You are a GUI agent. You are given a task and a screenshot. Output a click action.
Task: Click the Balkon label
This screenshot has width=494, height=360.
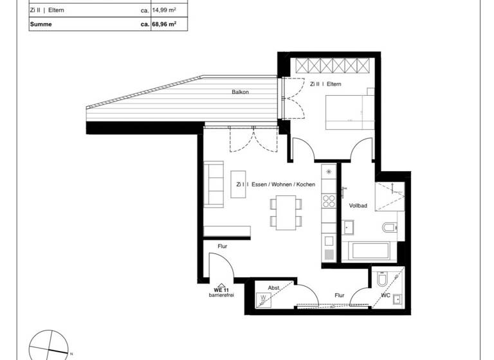(241, 93)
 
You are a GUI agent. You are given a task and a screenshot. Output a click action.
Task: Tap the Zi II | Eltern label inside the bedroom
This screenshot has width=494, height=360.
(325, 84)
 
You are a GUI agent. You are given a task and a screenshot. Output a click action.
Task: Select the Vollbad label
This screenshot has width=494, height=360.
(358, 206)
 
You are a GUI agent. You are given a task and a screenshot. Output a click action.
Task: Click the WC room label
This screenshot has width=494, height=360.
(386, 296)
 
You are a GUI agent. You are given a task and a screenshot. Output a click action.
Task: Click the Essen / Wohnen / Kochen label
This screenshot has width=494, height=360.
(275, 184)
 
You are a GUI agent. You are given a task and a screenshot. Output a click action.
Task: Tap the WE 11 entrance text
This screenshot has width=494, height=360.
(221, 291)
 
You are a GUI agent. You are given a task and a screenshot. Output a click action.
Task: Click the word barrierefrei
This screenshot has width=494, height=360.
(221, 296)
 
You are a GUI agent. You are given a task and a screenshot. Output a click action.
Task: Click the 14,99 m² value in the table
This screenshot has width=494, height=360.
(163, 10)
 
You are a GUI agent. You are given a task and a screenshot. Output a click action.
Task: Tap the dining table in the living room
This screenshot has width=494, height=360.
(285, 212)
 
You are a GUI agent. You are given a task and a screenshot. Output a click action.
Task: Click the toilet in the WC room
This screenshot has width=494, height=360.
(382, 281)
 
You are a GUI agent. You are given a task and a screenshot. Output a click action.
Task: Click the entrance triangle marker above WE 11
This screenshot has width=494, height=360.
(221, 285)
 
